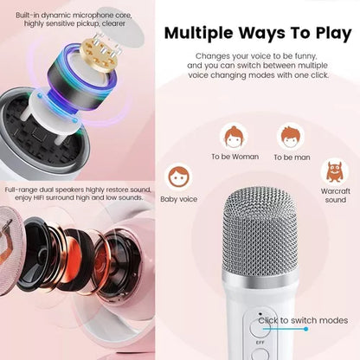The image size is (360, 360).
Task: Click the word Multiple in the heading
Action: click(199, 34)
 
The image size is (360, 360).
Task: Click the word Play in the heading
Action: click(333, 34)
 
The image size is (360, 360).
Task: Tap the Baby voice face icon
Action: click(179, 177)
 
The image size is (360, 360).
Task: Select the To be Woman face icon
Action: click(235, 136)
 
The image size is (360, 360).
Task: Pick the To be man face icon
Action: click(291, 137)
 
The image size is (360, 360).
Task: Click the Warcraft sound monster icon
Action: click(335, 171)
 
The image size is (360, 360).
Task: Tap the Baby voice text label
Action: click(179, 199)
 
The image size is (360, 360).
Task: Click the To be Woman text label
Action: click(235, 157)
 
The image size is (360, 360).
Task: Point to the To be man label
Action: click(292, 157)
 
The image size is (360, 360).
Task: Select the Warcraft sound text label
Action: click(335, 196)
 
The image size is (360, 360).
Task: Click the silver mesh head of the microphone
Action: click(260, 231)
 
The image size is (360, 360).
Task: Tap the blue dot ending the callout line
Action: click(305, 329)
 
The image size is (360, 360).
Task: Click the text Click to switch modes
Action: click(303, 320)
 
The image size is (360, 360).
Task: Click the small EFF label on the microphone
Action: click(260, 343)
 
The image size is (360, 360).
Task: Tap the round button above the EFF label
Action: click(259, 328)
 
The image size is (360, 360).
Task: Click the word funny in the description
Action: click(305, 56)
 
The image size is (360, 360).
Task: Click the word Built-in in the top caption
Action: click(26, 15)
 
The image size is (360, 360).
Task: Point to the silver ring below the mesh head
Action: click(260, 279)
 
